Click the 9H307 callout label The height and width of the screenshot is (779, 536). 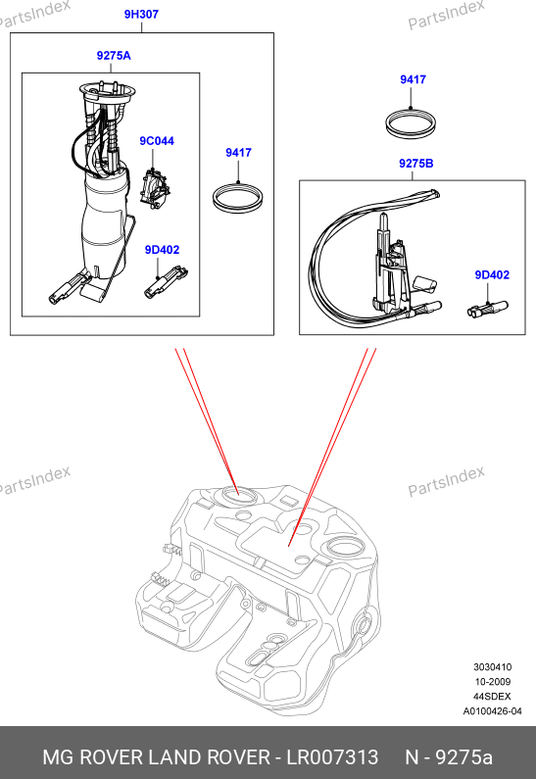(141, 15)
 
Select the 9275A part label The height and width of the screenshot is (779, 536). (114, 56)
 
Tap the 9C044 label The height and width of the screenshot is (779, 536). (157, 141)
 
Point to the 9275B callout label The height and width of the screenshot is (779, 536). (415, 163)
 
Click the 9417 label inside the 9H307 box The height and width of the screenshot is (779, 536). (238, 153)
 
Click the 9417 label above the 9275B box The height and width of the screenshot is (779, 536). (413, 79)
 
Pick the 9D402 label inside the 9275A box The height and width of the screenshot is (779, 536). (162, 250)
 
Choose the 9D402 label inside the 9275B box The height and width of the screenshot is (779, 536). (492, 274)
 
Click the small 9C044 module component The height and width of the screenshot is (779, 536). (155, 189)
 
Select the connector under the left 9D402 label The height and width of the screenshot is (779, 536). (166, 282)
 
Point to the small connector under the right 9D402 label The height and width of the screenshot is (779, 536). (488, 309)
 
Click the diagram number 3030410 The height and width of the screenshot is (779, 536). (492, 666)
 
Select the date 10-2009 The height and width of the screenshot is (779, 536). (492, 682)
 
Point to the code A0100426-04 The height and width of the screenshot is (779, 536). (492, 711)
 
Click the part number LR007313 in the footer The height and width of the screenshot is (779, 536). (332, 757)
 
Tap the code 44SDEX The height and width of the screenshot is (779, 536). (492, 697)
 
